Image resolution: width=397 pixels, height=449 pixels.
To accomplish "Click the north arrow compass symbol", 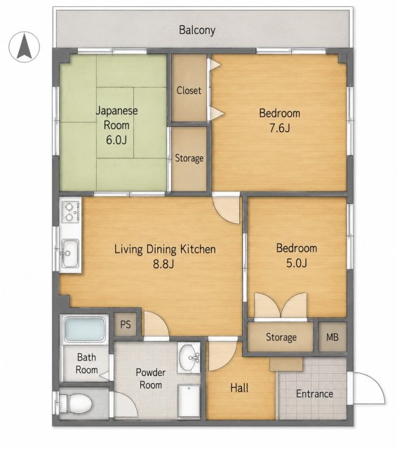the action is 24,47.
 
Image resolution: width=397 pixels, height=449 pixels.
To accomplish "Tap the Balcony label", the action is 197,30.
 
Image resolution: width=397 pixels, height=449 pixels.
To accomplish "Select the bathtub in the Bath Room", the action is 84,329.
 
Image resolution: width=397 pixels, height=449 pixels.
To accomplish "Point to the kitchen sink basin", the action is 70,253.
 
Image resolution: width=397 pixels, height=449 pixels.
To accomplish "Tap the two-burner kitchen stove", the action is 70,212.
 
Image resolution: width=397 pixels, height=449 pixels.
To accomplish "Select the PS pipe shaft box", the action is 126,324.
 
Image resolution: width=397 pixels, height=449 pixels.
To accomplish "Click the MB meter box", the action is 332,337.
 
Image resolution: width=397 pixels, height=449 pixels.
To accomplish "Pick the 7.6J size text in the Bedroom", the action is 280,128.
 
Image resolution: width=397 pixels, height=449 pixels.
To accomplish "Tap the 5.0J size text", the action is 297,262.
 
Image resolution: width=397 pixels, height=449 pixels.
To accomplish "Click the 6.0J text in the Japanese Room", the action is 116,140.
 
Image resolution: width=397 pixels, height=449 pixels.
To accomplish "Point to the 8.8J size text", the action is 163,264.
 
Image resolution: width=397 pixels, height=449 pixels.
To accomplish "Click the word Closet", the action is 189,91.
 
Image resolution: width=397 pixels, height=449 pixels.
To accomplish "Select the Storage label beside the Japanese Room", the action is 189,158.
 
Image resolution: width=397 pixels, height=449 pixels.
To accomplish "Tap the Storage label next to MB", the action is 281,337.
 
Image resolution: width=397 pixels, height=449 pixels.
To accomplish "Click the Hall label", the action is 239,388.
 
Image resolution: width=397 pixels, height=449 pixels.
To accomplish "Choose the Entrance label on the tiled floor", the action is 314,394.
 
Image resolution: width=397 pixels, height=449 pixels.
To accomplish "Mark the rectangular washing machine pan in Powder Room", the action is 189,401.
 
